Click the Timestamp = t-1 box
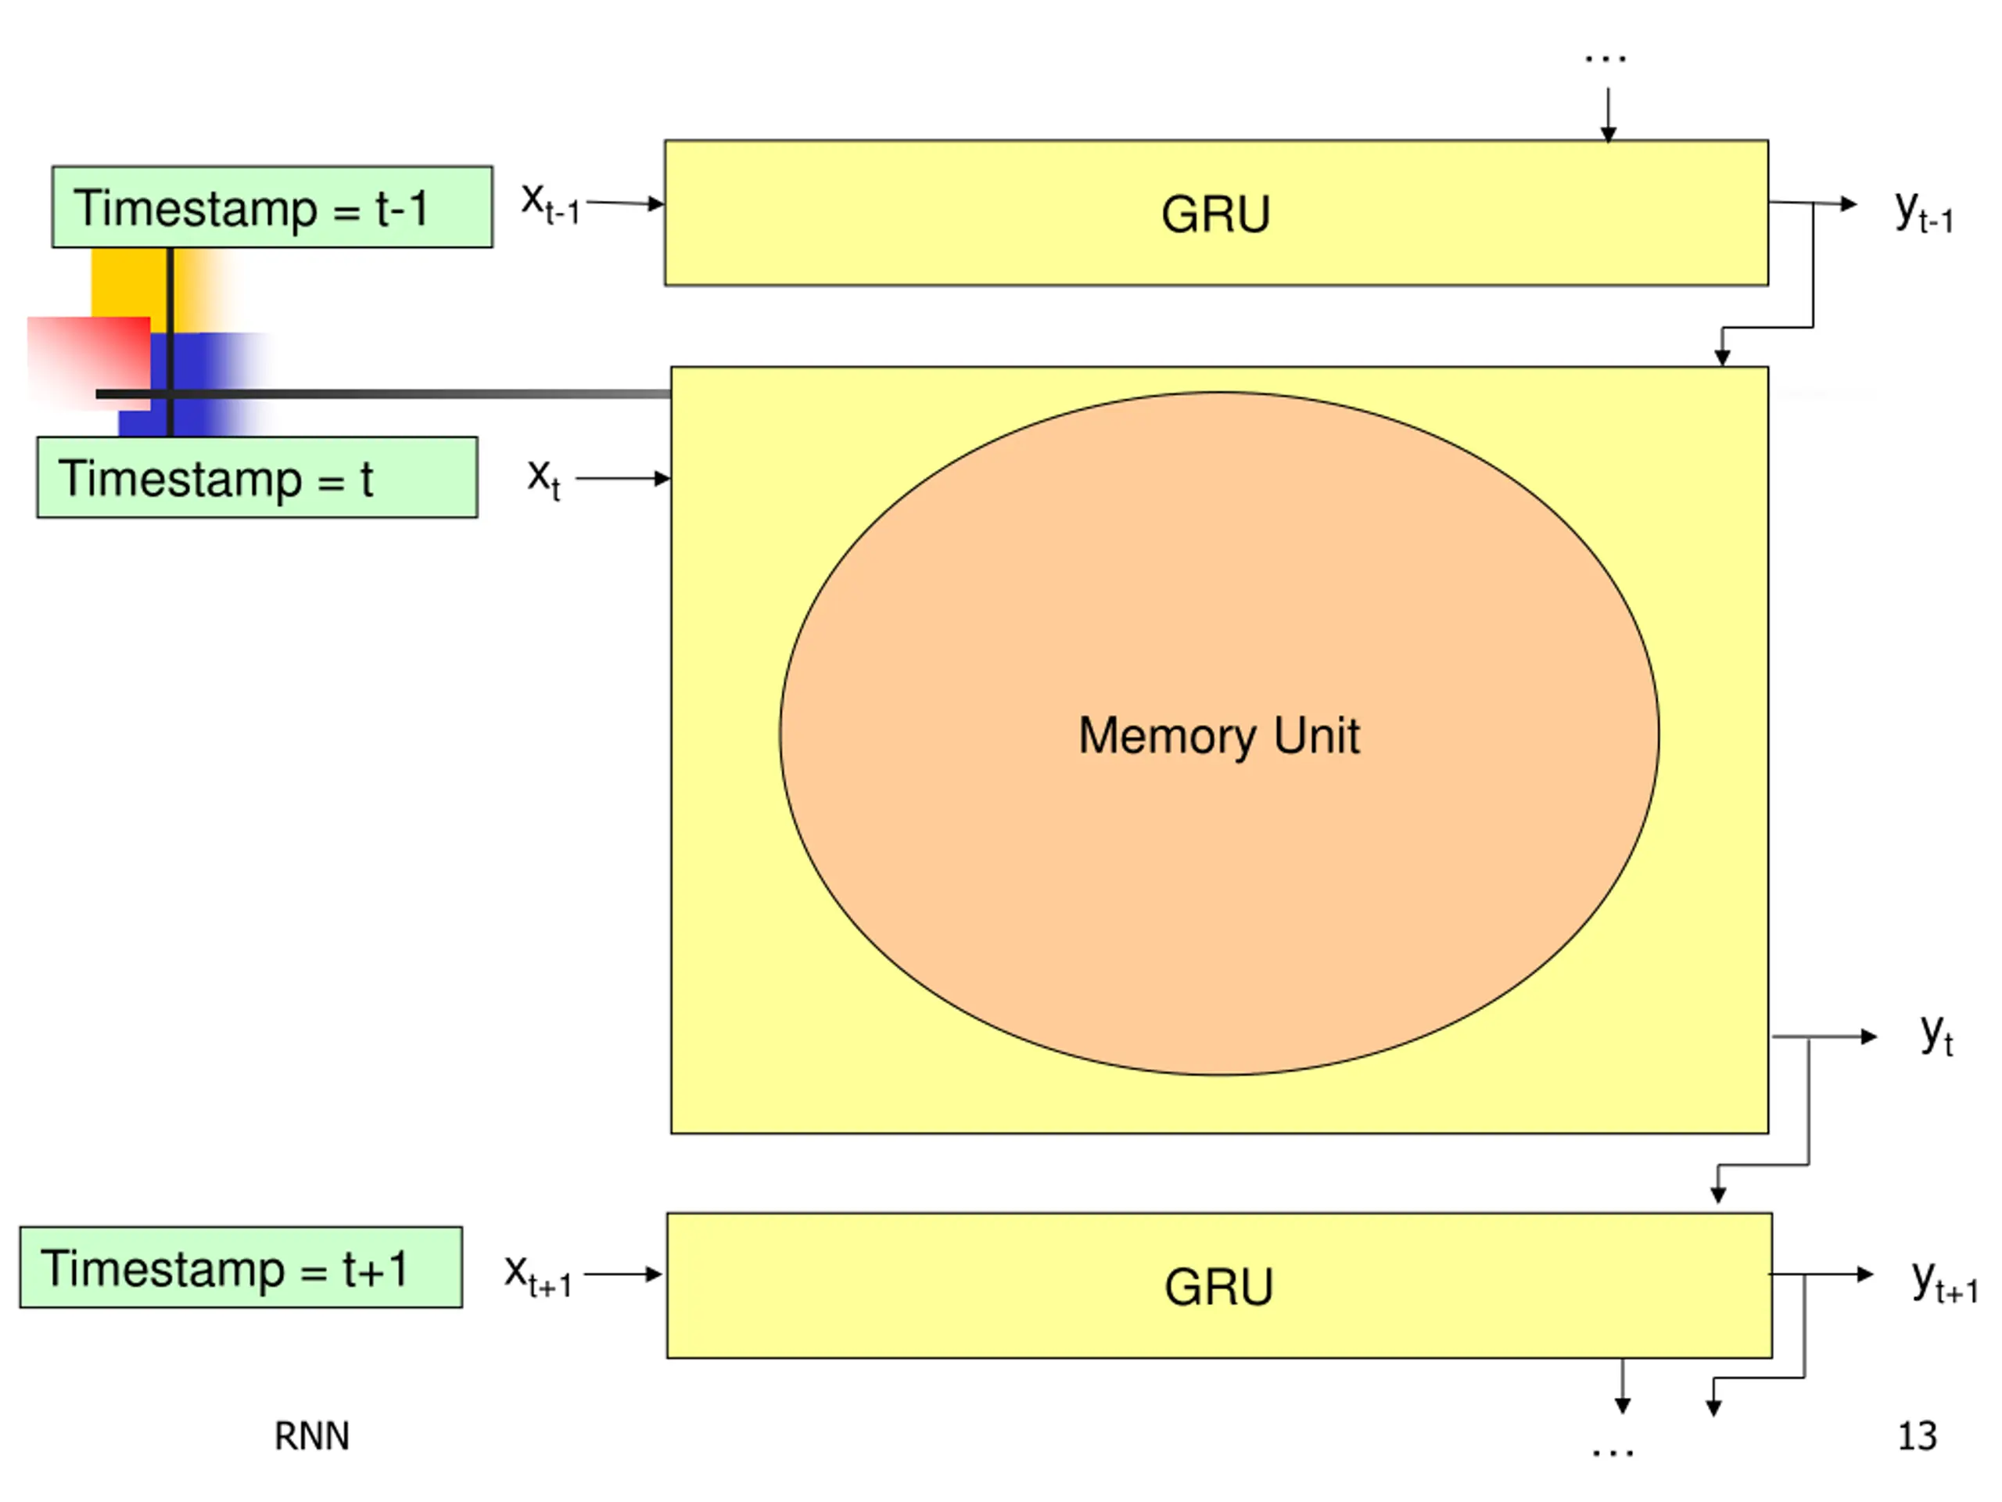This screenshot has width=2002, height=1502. (x=272, y=207)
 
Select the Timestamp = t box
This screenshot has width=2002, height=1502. (x=257, y=477)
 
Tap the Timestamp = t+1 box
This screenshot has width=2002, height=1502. (x=241, y=1267)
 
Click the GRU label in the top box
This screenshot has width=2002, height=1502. (x=1215, y=214)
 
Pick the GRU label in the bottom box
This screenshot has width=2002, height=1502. (x=1218, y=1287)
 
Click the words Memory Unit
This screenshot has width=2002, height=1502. (x=1218, y=735)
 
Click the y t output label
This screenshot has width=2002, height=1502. (x=1937, y=1034)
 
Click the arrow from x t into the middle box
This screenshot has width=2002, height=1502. (x=622, y=478)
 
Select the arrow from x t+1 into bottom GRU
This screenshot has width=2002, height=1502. (x=623, y=1274)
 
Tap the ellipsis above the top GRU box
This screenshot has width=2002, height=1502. (x=1606, y=59)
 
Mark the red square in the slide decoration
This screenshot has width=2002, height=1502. (x=88, y=363)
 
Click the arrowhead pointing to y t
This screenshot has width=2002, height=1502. (x=1869, y=1037)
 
